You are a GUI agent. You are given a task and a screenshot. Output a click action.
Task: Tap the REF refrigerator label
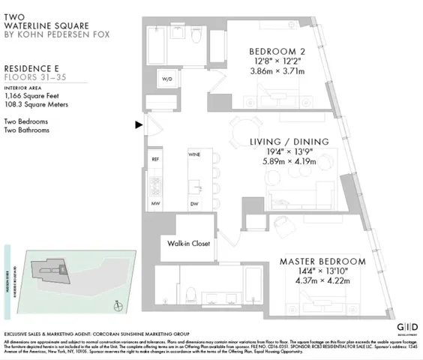tap(156, 160)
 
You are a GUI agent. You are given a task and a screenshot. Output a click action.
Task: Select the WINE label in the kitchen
tap(194, 154)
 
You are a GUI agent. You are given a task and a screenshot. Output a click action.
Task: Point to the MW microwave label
tap(156, 203)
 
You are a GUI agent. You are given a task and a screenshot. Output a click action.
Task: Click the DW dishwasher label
tap(193, 203)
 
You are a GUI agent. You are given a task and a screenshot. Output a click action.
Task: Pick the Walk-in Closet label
tap(188, 244)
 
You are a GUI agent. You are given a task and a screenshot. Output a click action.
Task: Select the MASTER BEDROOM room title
tap(322, 262)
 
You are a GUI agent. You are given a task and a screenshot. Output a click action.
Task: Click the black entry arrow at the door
tap(139, 125)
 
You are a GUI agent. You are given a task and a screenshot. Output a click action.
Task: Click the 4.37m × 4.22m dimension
tap(323, 283)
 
